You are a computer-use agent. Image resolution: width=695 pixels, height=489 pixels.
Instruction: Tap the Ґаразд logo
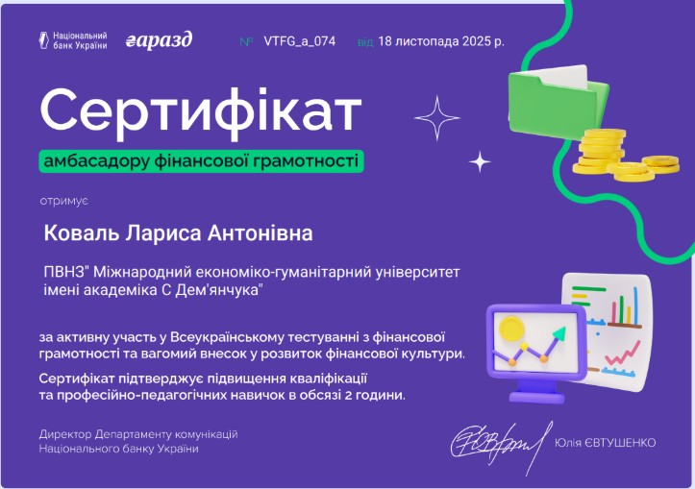coord(160,40)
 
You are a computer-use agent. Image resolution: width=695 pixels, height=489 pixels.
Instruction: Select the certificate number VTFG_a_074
coord(299,41)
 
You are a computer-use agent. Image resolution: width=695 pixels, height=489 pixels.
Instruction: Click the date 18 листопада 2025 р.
coord(441,41)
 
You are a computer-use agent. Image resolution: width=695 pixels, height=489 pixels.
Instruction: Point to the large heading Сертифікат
coord(201,111)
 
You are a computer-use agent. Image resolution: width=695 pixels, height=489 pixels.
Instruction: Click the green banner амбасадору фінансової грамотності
coord(202,160)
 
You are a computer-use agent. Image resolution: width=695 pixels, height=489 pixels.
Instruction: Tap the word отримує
coord(63,199)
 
